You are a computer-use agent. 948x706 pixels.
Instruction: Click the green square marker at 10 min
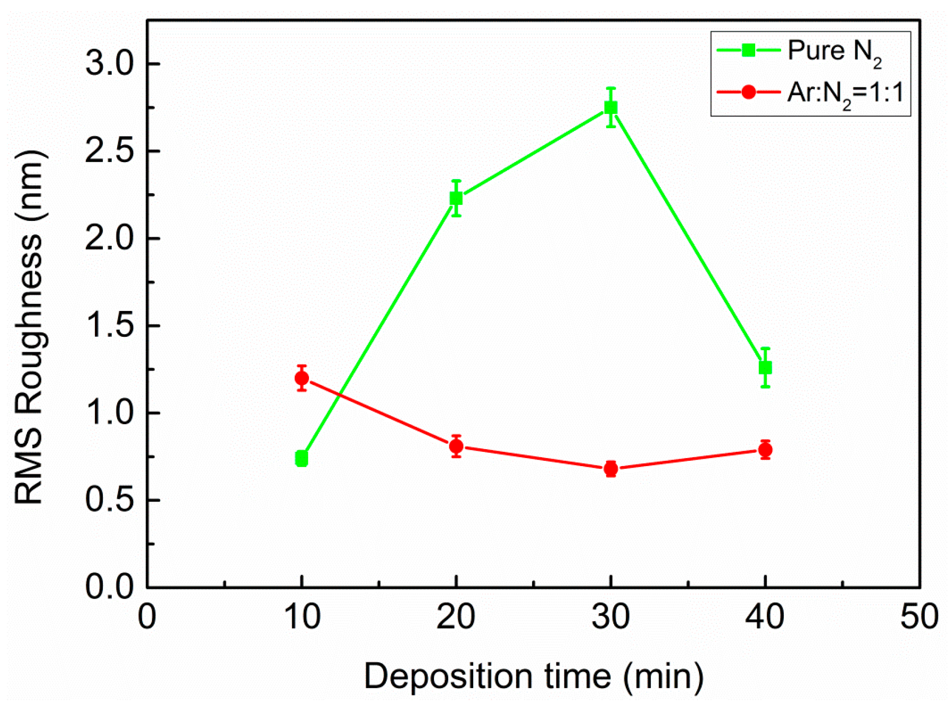click(x=302, y=459)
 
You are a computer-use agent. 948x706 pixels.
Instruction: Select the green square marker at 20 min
click(x=456, y=198)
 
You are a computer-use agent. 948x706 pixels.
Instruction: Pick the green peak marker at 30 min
click(x=610, y=108)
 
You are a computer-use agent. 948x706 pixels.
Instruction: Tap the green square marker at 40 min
click(x=765, y=368)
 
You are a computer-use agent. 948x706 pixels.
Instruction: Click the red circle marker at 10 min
click(x=302, y=378)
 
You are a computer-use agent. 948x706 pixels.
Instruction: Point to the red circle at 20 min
click(x=456, y=446)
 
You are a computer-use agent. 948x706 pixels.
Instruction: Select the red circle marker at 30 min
click(x=610, y=469)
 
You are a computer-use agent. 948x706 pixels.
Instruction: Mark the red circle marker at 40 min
click(x=765, y=450)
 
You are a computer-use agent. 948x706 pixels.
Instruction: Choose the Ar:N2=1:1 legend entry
click(x=845, y=93)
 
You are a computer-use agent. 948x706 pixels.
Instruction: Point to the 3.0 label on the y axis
click(x=110, y=64)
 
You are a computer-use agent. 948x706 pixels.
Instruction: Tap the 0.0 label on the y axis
click(x=110, y=587)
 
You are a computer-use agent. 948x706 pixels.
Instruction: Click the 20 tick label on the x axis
click(x=456, y=617)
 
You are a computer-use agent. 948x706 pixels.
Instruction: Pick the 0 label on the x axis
click(x=147, y=617)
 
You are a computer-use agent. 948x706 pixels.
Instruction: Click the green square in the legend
click(x=748, y=50)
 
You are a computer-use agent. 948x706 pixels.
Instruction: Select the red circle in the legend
click(x=748, y=92)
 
